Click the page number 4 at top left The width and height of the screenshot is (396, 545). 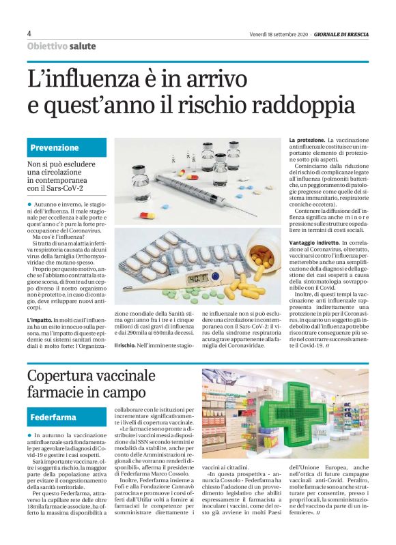29,33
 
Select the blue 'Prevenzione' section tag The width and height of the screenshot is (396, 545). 55,147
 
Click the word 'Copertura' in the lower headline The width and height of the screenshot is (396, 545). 66,376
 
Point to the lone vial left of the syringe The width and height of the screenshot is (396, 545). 141,181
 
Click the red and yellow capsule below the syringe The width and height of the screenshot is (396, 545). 147,216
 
